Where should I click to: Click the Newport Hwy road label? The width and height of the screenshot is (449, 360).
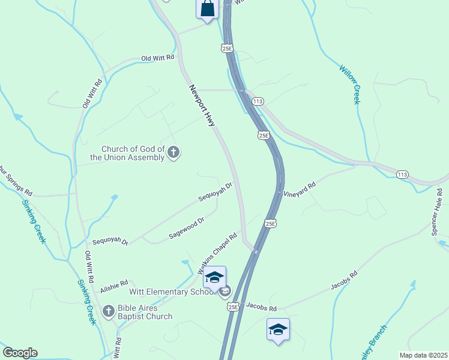[x=202, y=105]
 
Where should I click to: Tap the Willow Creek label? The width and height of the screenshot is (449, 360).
[x=349, y=84]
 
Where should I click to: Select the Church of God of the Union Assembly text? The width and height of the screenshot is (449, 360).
[x=132, y=154]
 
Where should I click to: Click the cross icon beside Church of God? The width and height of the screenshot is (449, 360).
[x=173, y=152]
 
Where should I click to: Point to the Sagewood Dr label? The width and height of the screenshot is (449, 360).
[x=187, y=228]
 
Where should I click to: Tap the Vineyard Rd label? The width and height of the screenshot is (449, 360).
[x=299, y=190]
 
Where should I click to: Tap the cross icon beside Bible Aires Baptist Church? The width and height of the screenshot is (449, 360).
[x=109, y=311]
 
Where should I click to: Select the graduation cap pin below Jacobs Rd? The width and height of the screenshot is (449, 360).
[x=278, y=330]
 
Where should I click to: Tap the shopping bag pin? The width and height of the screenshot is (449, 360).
[x=207, y=9]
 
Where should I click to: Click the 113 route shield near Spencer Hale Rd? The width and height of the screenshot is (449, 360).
[x=403, y=174]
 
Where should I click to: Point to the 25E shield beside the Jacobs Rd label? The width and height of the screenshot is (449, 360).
[x=234, y=307]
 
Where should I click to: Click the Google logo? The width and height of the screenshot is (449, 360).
[x=20, y=353]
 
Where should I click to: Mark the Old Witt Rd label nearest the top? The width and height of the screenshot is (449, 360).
[x=157, y=58]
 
